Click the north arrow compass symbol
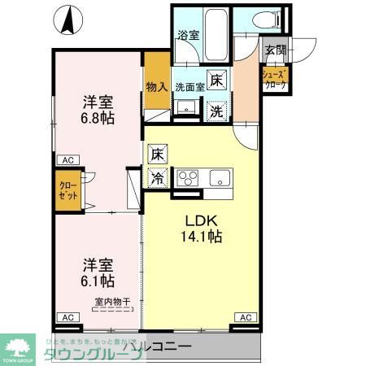[71, 22]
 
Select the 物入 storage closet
[156, 86]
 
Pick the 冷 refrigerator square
[156, 176]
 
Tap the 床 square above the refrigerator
[156, 153]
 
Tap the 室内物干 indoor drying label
[107, 303]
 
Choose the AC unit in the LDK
[244, 316]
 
